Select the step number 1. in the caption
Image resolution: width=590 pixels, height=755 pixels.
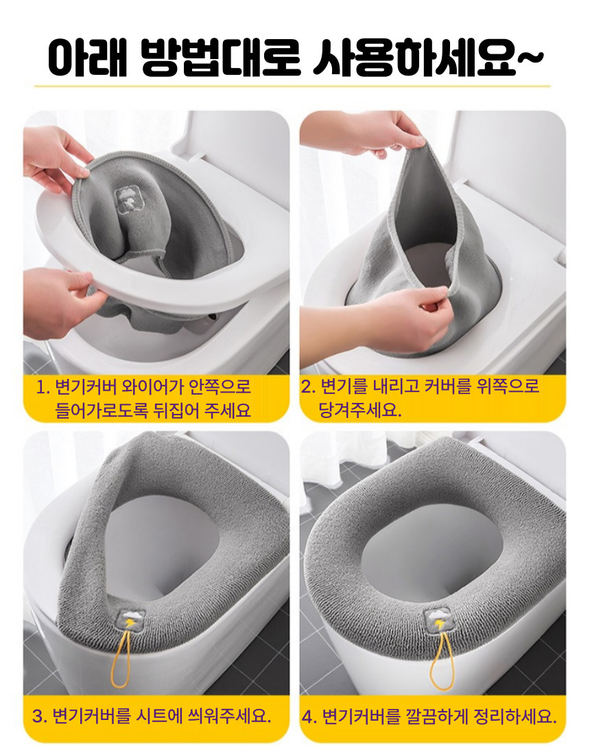coord(43,388)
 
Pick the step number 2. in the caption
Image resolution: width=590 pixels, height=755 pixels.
coord(309,386)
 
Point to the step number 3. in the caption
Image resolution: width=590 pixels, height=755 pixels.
coord(40,716)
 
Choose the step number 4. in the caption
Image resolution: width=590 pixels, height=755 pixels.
coord(309,717)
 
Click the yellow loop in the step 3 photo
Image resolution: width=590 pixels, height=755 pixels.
coord(121,660)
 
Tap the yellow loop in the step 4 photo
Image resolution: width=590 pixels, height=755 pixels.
coord(441,662)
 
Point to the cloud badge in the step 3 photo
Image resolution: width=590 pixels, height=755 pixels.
coord(132,620)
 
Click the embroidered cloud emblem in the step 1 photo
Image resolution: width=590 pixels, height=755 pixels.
coord(126,199)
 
